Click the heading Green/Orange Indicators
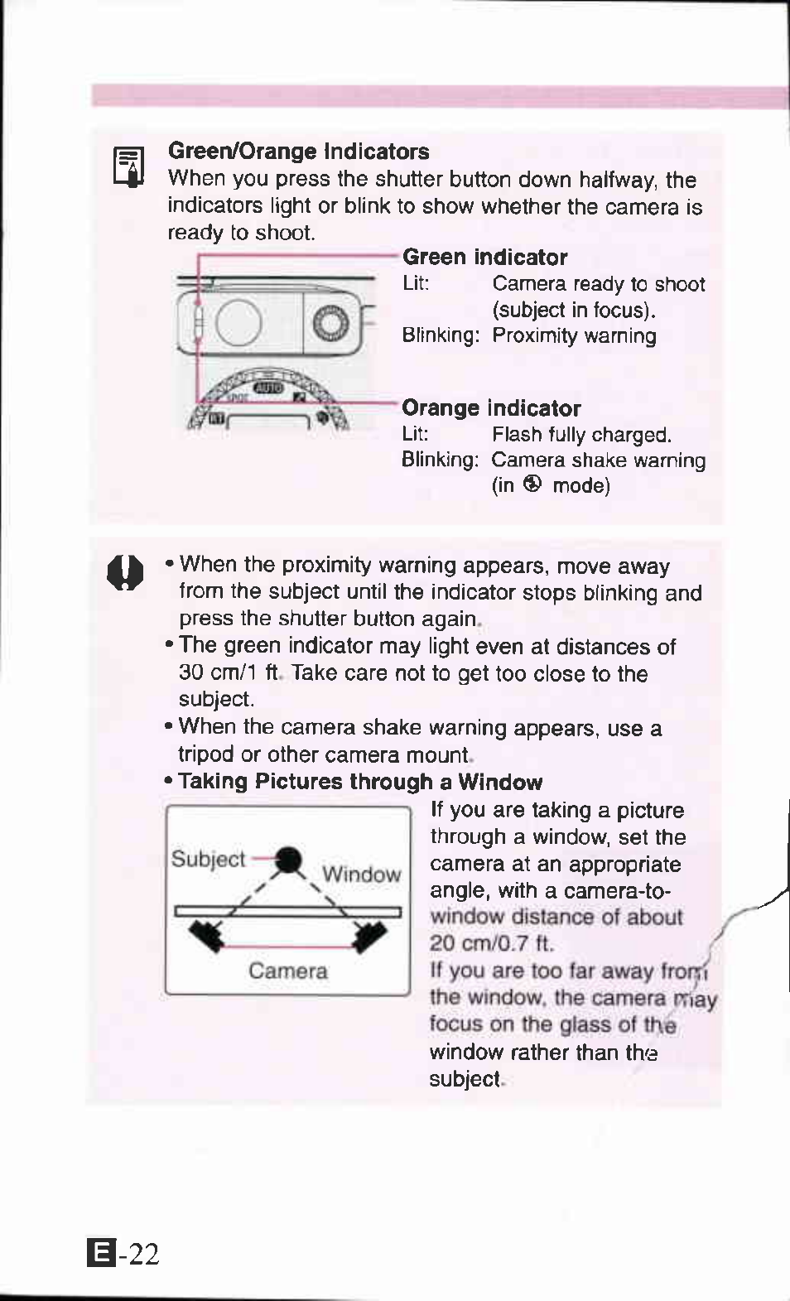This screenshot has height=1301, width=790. [298, 152]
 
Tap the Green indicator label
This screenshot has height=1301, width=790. [484, 258]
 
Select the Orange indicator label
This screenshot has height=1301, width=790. [491, 408]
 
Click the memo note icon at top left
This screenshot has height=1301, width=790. [128, 167]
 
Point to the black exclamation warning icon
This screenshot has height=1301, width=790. [126, 572]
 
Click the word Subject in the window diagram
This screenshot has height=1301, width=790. [208, 859]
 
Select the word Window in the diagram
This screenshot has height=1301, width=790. [361, 875]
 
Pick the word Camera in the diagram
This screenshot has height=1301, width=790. [287, 971]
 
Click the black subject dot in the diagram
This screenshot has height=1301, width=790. [287, 860]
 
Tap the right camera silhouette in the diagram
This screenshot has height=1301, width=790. [369, 936]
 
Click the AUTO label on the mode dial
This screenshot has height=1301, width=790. [267, 388]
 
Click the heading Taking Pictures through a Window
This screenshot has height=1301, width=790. [360, 782]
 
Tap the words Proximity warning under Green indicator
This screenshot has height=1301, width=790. [574, 336]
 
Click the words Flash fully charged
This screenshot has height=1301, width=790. [581, 435]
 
